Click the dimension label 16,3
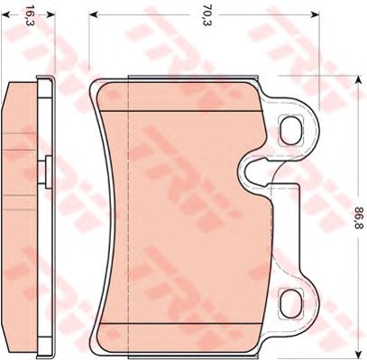(x=28, y=15)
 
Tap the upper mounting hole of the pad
(x=291, y=130)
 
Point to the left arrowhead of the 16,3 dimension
(x=5, y=14)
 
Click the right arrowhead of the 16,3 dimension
(x=51, y=14)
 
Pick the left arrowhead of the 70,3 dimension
(x=94, y=14)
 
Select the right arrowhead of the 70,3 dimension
(x=315, y=14)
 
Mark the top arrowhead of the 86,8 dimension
(x=358, y=80)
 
